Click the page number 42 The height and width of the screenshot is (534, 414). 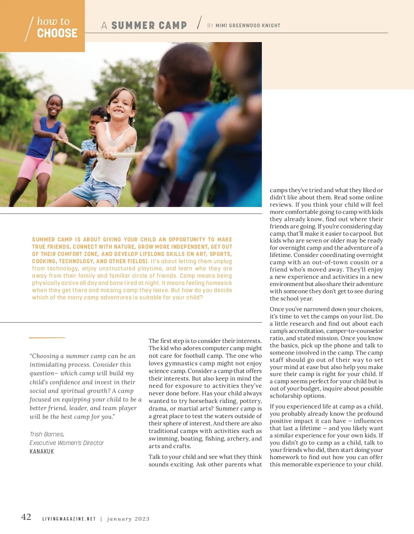coord(26,517)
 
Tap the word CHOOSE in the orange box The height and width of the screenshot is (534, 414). coord(57,33)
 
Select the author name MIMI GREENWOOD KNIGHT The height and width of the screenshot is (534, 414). coord(248,26)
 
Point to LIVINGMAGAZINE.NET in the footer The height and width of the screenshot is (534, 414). coord(69,519)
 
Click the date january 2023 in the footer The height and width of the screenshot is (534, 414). coord(128,519)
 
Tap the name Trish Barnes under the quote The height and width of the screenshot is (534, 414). coord(47,434)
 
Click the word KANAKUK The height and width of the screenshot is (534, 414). coord(42,452)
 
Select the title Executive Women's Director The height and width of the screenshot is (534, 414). coord(67,443)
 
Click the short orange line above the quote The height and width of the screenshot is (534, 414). coord(47,337)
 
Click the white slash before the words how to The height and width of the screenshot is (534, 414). coord(29,29)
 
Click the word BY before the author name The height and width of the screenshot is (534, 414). coord(210,26)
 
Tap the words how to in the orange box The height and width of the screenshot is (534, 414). coord(53,21)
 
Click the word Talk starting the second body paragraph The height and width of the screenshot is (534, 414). coord(155,457)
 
